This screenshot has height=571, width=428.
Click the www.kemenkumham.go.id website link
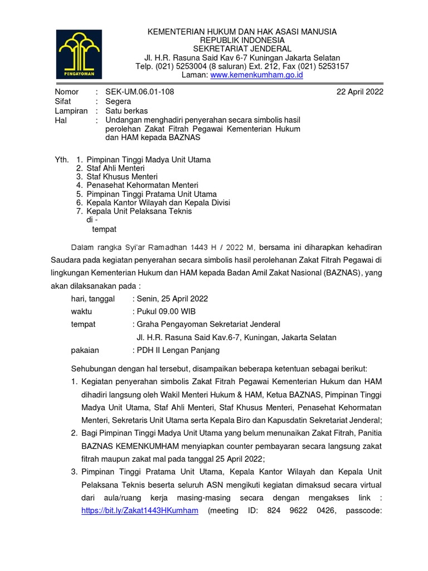(x=257, y=75)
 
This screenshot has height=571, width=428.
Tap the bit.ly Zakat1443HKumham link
(x=139, y=510)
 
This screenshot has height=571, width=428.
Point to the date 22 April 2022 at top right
(x=360, y=91)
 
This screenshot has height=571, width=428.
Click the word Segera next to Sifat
(x=118, y=101)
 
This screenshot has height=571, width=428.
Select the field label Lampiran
(x=71, y=111)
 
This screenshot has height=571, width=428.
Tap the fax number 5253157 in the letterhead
(x=333, y=66)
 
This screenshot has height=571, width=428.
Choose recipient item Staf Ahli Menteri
(x=115, y=168)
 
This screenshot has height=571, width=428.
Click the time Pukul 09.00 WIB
(x=164, y=312)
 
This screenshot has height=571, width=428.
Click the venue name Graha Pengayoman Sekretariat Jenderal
(x=206, y=325)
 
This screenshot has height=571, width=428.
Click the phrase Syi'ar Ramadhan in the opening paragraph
(x=147, y=248)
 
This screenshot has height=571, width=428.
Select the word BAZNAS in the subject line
(x=171, y=138)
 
